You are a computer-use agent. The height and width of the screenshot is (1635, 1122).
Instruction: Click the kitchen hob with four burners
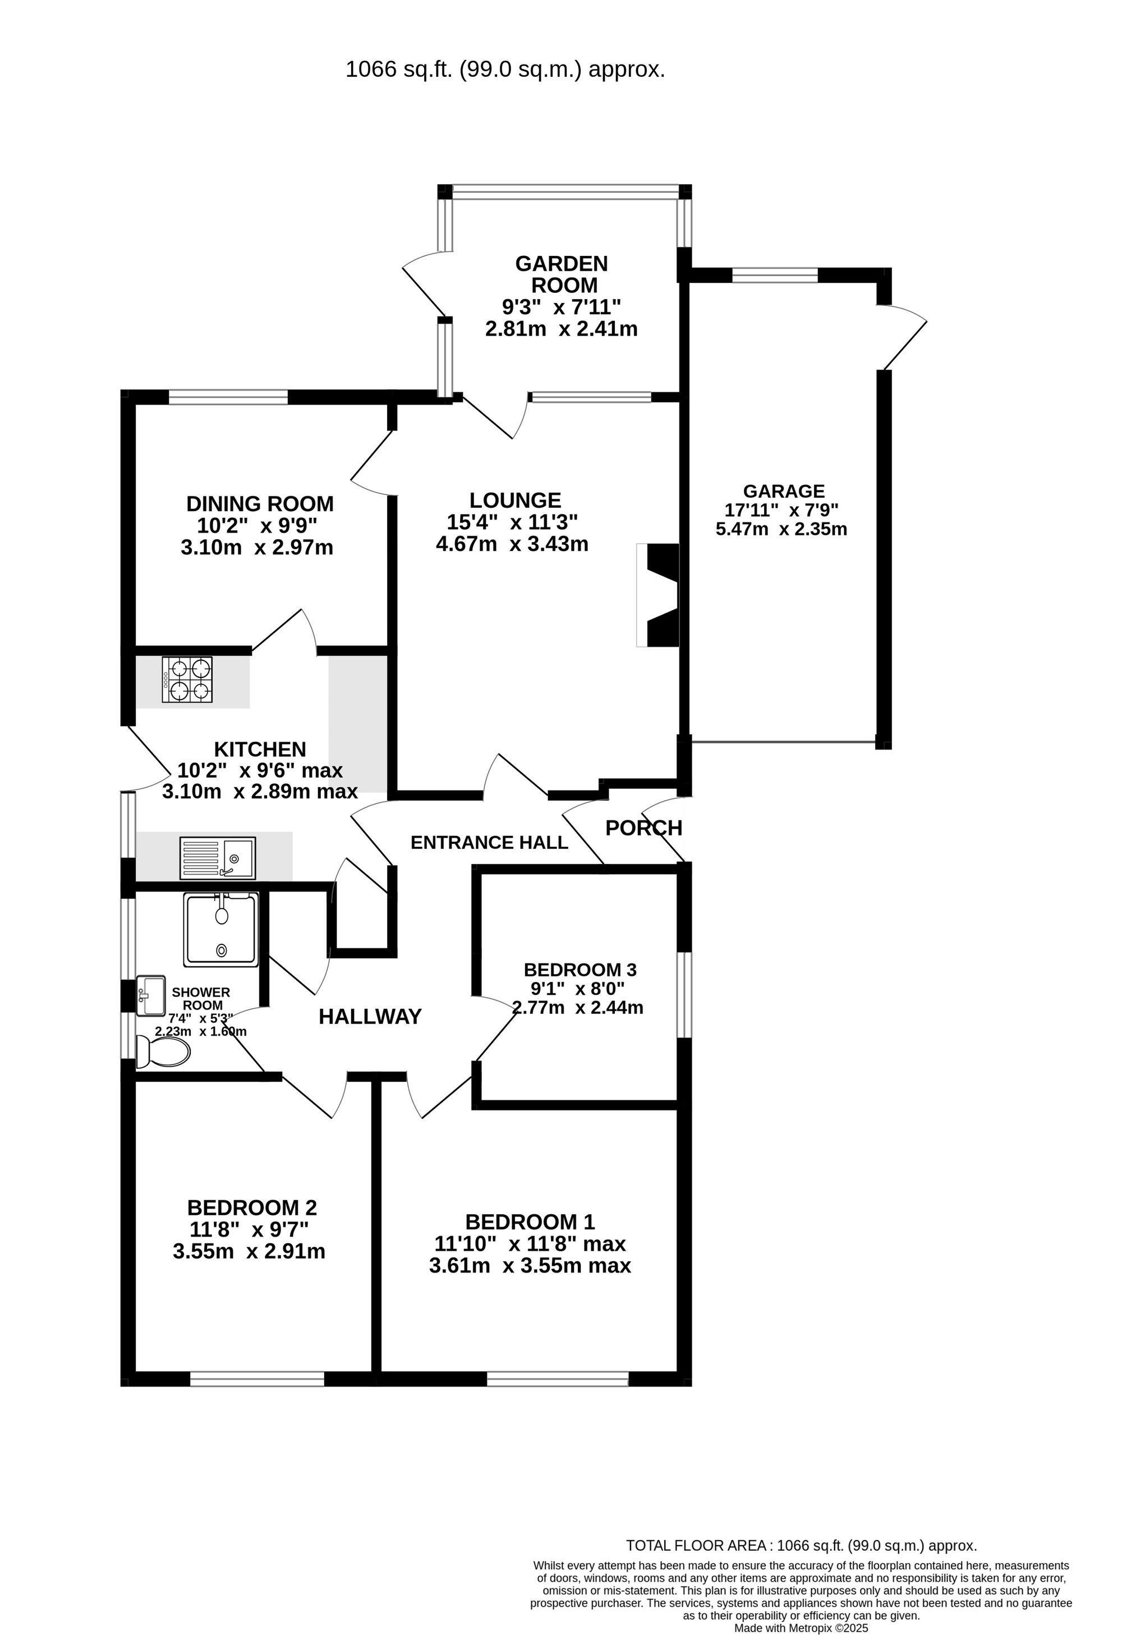(x=187, y=679)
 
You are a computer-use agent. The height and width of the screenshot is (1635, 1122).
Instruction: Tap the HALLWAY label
(x=370, y=1017)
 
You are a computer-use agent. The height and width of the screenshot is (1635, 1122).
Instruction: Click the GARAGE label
(x=784, y=491)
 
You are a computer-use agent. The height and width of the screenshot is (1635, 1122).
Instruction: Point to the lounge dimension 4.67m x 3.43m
(x=512, y=544)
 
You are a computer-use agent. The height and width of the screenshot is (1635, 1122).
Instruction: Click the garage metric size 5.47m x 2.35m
(x=781, y=529)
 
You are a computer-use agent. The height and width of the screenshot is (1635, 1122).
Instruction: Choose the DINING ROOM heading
(x=260, y=504)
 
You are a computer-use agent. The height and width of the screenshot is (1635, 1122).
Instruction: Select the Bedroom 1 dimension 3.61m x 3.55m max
(x=530, y=1266)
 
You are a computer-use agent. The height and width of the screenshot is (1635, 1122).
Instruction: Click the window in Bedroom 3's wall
(x=684, y=995)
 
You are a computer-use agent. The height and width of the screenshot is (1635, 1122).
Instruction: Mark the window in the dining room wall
(x=229, y=397)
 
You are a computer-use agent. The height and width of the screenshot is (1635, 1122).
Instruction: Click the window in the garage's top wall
(x=775, y=275)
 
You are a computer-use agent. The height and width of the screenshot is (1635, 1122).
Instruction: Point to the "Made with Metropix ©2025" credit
(x=801, y=1628)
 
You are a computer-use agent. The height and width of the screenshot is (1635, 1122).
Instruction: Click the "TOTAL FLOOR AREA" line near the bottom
(x=801, y=1565)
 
